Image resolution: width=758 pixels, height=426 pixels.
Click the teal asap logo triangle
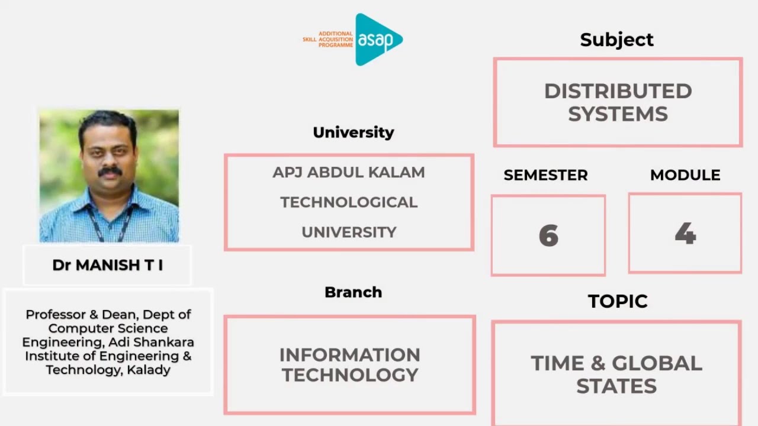pyautogui.click(x=377, y=39)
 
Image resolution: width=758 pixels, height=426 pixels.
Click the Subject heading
pyautogui.click(x=616, y=40)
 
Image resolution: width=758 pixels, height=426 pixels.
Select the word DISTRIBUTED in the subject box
pyautogui.click(x=618, y=91)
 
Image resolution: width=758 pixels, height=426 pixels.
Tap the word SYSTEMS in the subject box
pyautogui.click(x=618, y=114)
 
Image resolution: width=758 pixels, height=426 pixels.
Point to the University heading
pyautogui.click(x=353, y=133)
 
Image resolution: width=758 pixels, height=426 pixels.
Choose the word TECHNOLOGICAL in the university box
pyautogui.click(x=349, y=202)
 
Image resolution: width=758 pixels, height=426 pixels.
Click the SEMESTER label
pyautogui.click(x=545, y=175)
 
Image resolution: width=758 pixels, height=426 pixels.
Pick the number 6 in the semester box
pyautogui.click(x=548, y=236)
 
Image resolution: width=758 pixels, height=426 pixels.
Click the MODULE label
pyautogui.click(x=685, y=175)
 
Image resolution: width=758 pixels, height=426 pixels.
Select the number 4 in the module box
pyautogui.click(x=685, y=234)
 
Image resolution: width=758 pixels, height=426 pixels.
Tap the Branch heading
pyautogui.click(x=353, y=292)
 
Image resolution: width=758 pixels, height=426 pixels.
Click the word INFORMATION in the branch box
pyautogui.click(x=349, y=355)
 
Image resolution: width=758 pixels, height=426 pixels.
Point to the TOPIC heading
pyautogui.click(x=617, y=301)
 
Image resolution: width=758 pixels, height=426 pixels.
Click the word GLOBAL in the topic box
pyautogui.click(x=657, y=363)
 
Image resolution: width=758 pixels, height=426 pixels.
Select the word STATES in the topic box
pyautogui.click(x=616, y=386)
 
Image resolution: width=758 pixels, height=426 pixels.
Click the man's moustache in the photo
pyautogui.click(x=110, y=172)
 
